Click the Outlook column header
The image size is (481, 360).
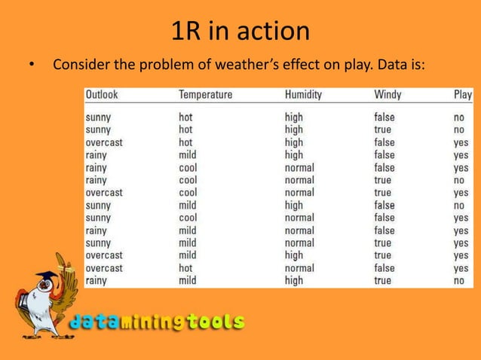click(x=102, y=96)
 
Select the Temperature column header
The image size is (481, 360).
click(x=205, y=96)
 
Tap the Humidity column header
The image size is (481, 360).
click(x=303, y=96)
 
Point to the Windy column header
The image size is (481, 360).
click(x=388, y=96)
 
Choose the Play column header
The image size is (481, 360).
click(x=462, y=96)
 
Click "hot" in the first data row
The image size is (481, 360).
click(x=185, y=117)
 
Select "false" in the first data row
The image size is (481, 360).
click(x=384, y=117)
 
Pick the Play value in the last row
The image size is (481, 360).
click(x=458, y=281)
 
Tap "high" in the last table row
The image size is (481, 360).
click(x=293, y=280)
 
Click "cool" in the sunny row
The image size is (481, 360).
click(x=188, y=218)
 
